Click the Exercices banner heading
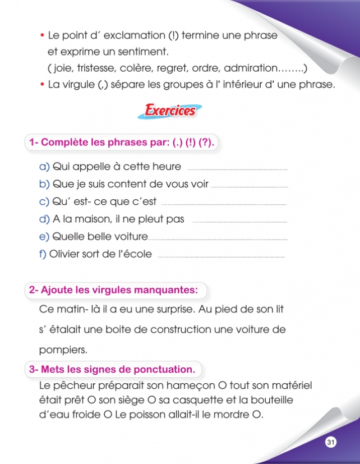click(x=170, y=110)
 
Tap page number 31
click(x=330, y=443)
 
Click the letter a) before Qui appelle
click(x=44, y=167)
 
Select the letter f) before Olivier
click(x=43, y=254)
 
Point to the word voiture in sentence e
click(x=131, y=237)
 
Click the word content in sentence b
click(x=128, y=184)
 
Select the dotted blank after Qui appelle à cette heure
click(x=236, y=168)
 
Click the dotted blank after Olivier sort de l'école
click(x=221, y=256)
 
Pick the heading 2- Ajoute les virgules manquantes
click(x=114, y=290)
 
